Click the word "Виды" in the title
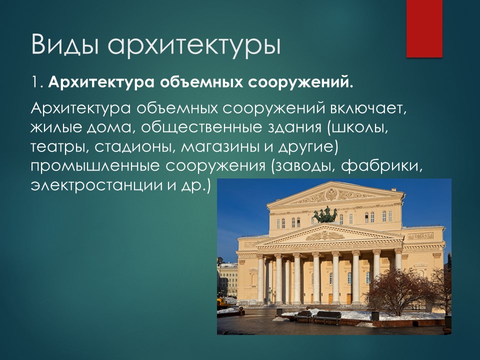(x=64, y=44)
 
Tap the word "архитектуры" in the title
(x=193, y=46)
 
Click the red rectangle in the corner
(x=424, y=28)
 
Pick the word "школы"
(x=364, y=129)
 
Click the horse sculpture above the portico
(x=326, y=215)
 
